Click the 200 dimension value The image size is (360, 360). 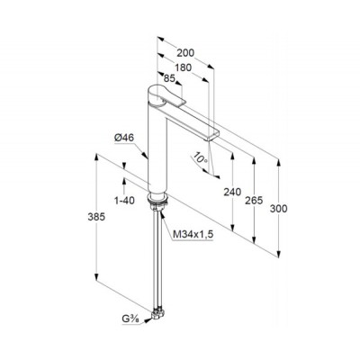point(185,53)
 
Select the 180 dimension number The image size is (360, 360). point(183,67)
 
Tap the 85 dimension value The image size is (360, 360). point(169,78)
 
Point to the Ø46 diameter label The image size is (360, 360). point(124,138)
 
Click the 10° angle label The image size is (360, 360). point(201,157)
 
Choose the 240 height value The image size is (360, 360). point(232,192)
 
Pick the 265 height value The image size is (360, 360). point(254,200)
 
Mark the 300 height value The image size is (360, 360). point(278,209)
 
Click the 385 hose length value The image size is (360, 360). point(96,217)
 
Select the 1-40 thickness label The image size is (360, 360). point(124,201)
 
